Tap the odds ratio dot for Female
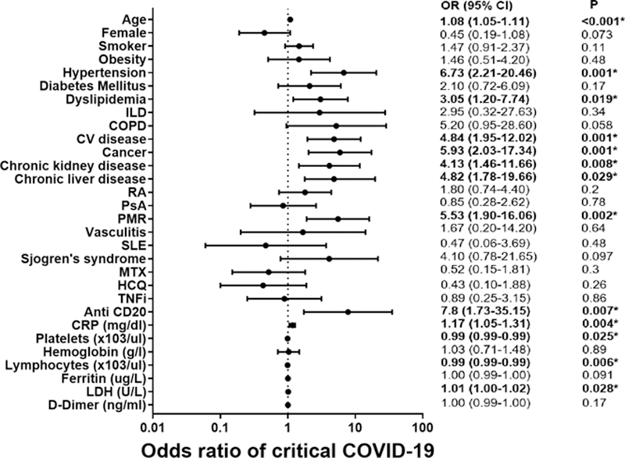[x=264, y=33]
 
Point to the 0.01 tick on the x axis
[x=153, y=428]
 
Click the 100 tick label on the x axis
[x=423, y=428]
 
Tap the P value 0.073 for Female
[x=587, y=33]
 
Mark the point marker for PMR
[x=337, y=218]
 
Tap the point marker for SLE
[x=266, y=245]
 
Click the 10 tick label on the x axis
[x=355, y=428]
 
